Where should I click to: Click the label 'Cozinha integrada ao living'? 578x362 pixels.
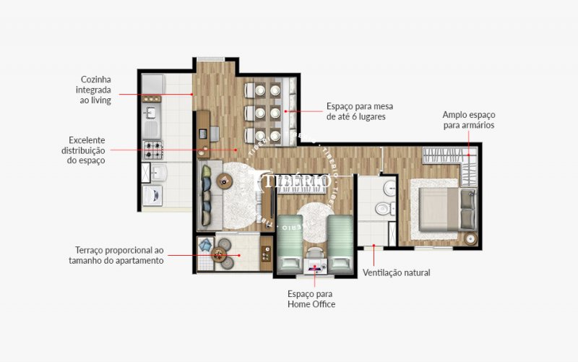coord(93,90)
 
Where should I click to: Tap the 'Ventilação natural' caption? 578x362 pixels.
coord(396,273)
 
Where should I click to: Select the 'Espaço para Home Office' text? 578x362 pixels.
coord(311,299)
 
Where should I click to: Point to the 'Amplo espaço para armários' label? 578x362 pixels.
coord(469,120)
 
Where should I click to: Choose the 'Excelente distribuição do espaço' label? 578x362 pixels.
coord(83,150)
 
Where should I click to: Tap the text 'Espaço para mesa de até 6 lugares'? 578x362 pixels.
coord(360,111)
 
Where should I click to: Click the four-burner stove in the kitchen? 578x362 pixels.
coord(152,150)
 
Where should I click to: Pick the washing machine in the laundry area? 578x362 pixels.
coord(152,195)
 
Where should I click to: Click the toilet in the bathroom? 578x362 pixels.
coord(385,209)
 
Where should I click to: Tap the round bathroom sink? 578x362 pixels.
coord(389,189)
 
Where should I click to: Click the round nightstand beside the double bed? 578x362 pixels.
coord(470,238)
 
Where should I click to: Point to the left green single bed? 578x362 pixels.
coord(290,244)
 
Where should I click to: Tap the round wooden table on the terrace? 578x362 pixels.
coord(219,254)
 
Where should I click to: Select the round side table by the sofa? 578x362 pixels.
coord(224,181)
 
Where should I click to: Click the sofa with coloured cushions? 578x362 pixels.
coord(210,195)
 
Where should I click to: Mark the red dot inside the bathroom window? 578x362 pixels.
coord(374,245)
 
